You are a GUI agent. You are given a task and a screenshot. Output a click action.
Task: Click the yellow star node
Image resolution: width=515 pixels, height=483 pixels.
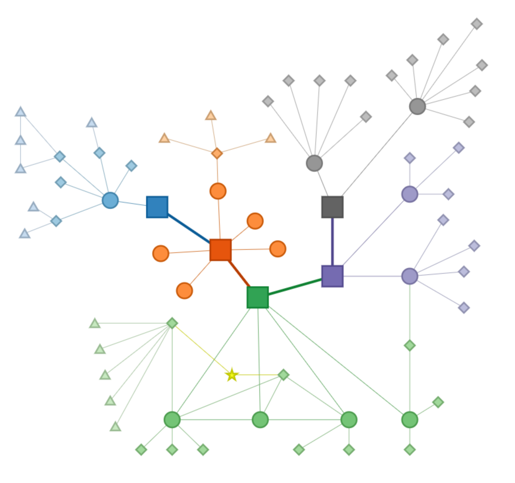(232, 375)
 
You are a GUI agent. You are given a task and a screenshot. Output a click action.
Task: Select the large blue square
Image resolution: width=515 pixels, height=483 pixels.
(157, 206)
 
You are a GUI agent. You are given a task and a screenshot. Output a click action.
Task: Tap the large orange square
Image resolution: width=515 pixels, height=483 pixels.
(220, 249)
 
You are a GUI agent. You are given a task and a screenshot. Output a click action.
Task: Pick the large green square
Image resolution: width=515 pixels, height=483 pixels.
(257, 297)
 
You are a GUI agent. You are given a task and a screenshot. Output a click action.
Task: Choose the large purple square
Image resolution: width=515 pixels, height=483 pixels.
(332, 276)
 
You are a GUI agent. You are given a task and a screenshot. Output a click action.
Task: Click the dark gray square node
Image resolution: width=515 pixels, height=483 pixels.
(332, 206)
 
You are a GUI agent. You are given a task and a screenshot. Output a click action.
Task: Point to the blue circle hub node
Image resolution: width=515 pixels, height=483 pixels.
(110, 200)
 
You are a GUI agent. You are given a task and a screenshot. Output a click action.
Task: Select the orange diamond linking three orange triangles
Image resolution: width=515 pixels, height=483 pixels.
(217, 153)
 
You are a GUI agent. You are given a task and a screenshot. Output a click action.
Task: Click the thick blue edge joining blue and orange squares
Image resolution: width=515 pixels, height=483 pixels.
(188, 228)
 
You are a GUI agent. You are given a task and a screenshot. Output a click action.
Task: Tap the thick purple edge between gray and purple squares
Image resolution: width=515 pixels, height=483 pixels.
(333, 241)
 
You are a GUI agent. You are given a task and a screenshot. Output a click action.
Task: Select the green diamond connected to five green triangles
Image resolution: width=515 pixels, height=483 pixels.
(172, 323)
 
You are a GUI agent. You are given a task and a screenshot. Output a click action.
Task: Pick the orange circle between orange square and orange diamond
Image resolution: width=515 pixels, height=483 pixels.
(218, 191)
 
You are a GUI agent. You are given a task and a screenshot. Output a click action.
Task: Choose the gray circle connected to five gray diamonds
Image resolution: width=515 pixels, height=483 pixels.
(314, 163)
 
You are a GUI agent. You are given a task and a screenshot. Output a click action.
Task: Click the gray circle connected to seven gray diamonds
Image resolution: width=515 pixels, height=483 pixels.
(417, 106)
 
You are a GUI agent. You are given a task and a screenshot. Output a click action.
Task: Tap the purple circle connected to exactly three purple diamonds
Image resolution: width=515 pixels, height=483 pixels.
(410, 194)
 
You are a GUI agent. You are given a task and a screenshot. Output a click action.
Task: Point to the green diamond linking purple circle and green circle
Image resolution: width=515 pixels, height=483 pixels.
(410, 346)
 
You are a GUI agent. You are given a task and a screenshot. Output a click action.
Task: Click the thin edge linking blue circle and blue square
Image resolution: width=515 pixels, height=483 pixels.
(132, 203)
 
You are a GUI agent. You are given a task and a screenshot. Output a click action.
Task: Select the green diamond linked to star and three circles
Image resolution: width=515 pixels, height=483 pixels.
(284, 375)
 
